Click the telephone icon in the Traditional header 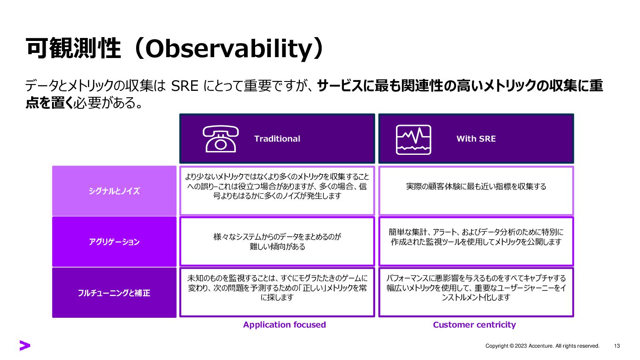[x=220, y=139]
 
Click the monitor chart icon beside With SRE [x=413, y=140]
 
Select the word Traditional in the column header [x=277, y=139]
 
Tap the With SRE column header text [x=476, y=139]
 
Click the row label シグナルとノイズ [x=114, y=191]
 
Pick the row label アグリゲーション [x=114, y=242]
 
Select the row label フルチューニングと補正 [x=114, y=293]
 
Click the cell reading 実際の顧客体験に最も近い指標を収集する [x=476, y=186]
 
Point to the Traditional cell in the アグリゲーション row [x=277, y=241]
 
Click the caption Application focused [x=284, y=325]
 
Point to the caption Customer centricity [x=474, y=325]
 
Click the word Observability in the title [x=228, y=49]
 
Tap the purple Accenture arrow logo [x=25, y=345]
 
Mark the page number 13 [x=617, y=346]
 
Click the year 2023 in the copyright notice [x=521, y=346]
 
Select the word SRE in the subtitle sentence [x=185, y=86]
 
